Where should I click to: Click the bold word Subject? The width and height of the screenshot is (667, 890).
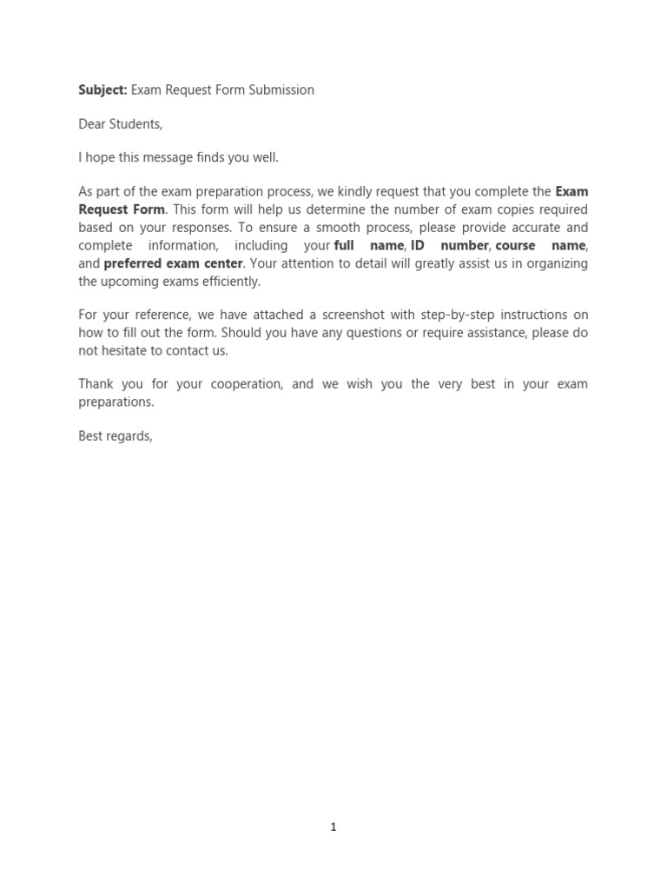coord(102,90)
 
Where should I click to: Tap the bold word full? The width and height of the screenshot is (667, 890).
coord(344,246)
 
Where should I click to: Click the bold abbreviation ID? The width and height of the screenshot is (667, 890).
coord(417,246)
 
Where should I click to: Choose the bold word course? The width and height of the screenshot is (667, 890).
coord(515,246)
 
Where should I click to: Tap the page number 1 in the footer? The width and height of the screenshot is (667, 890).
coord(333,827)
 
